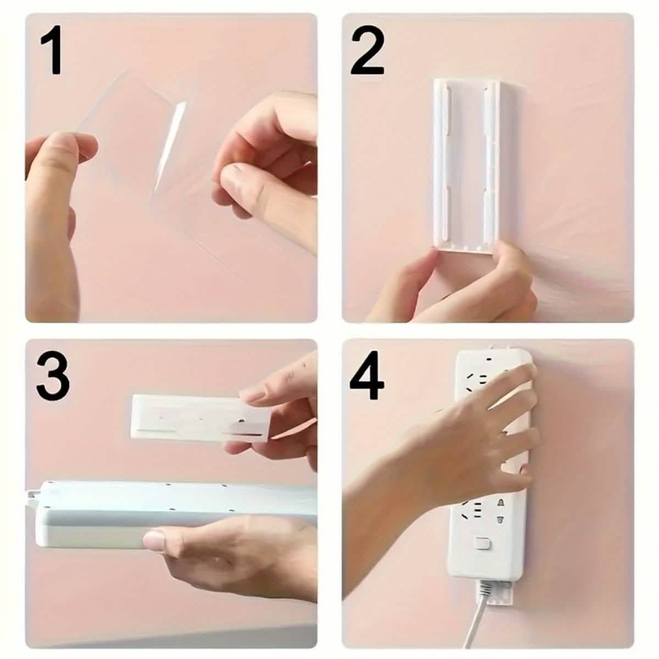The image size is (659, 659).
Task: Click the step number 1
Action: [52, 53]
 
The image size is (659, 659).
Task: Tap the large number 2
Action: [367, 53]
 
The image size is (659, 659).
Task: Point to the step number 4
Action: [367, 378]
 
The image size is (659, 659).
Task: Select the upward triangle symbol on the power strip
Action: [500, 502]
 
